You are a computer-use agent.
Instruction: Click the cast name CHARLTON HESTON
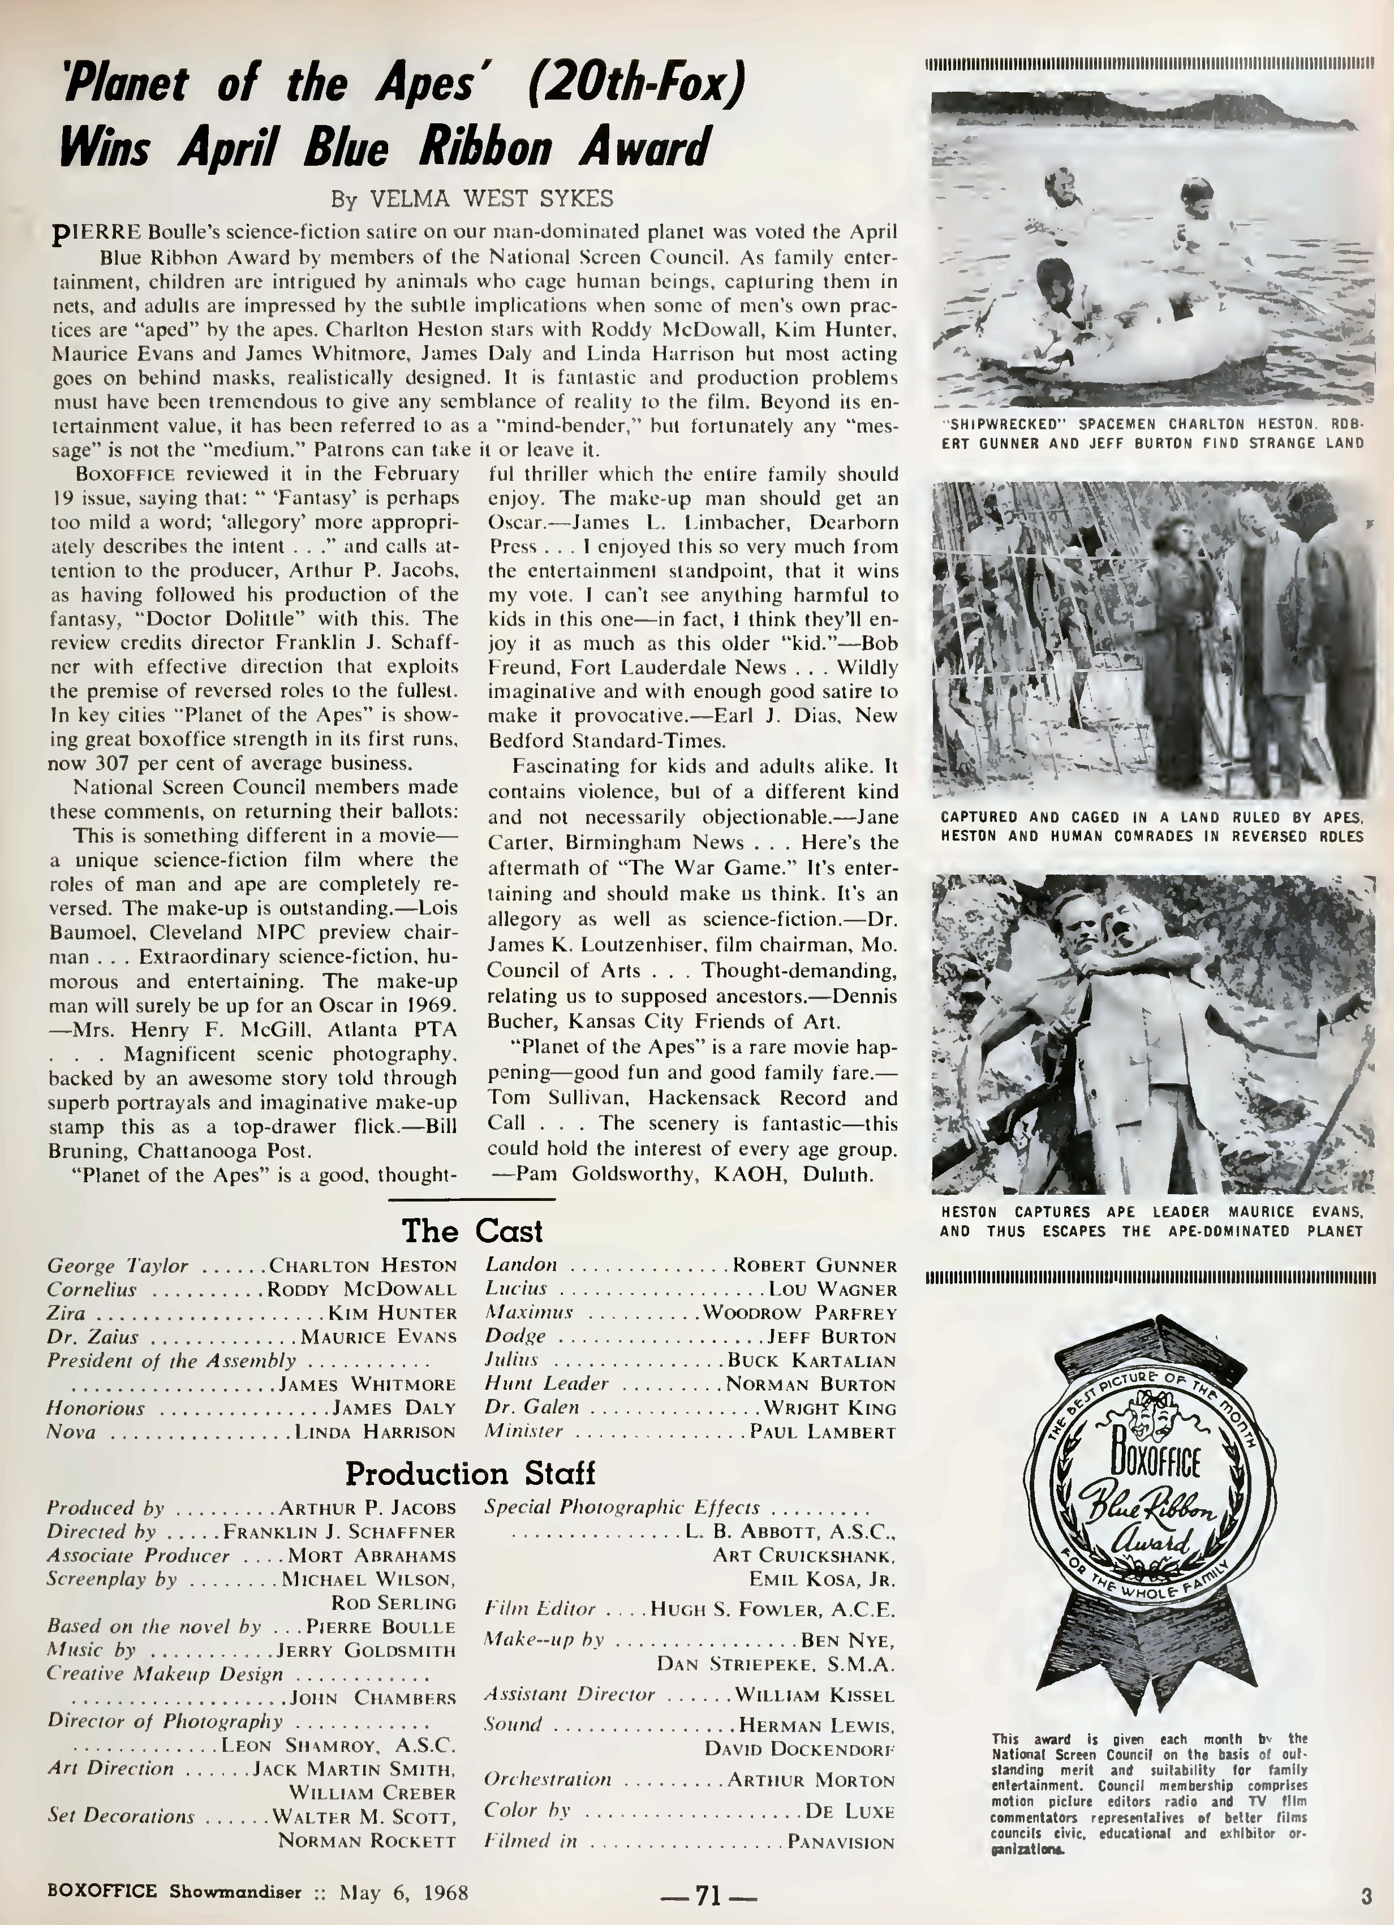pyautogui.click(x=363, y=1265)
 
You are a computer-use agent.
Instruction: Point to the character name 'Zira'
pyautogui.click(x=66, y=1313)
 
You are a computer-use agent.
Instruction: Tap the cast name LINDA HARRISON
pyautogui.click(x=375, y=1432)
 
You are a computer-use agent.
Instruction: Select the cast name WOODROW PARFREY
pyautogui.click(x=800, y=1313)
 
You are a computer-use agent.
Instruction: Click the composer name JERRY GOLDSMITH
pyautogui.click(x=367, y=1650)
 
